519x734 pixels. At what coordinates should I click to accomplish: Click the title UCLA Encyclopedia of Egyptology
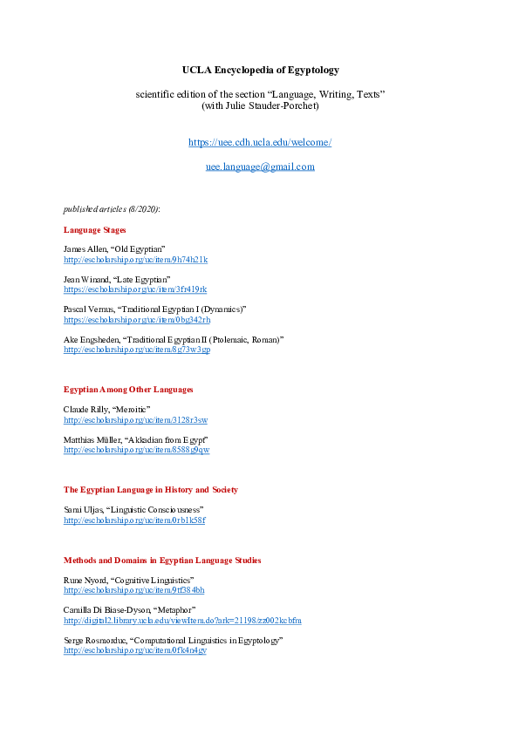[x=260, y=70]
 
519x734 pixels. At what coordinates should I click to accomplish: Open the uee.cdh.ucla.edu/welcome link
[x=260, y=142]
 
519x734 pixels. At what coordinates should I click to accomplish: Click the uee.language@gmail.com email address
[x=260, y=167]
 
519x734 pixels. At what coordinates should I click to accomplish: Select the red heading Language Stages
[x=95, y=230]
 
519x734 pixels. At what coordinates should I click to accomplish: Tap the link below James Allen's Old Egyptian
[x=135, y=260]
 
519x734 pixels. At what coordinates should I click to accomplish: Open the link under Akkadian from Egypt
[x=136, y=450]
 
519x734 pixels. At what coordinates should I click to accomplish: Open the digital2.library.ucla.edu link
[x=182, y=621]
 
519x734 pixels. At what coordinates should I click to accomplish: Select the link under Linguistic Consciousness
[x=134, y=520]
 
